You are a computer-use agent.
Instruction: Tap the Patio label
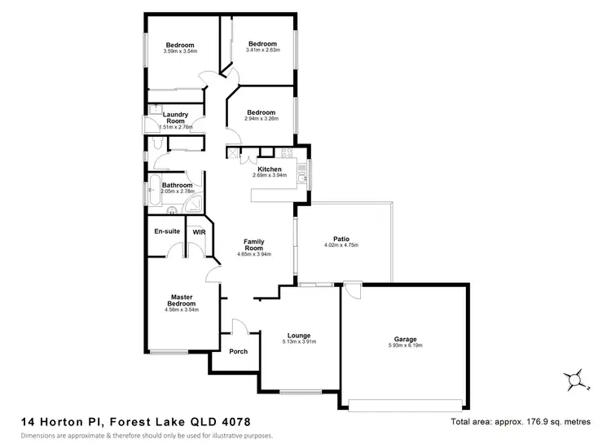[x=341, y=238]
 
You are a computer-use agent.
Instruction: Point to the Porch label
[x=238, y=352]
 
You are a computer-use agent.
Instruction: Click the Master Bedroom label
[x=181, y=301]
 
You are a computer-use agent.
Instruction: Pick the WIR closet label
[x=199, y=232]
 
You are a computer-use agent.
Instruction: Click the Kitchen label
[x=269, y=169]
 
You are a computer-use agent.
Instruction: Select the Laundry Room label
[x=175, y=117]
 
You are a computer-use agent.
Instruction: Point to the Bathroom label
[x=177, y=185]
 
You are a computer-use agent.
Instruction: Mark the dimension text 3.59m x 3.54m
[x=180, y=51]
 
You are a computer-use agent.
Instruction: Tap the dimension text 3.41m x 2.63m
[x=262, y=50]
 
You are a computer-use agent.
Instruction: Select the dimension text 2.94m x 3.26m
[x=262, y=118]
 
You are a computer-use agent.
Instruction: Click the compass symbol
[x=574, y=379]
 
